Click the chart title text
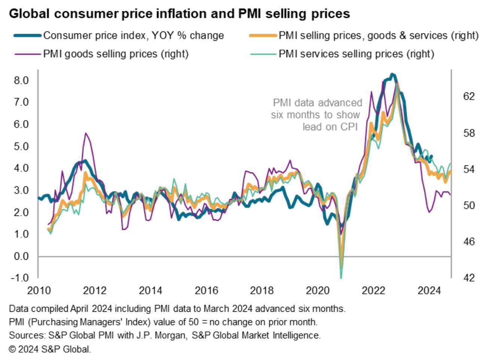click(x=179, y=14)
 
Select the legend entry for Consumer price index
click(x=133, y=36)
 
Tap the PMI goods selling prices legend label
click(x=116, y=54)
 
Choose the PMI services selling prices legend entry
click(x=356, y=54)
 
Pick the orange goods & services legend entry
click(x=378, y=36)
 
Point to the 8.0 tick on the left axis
click(x=21, y=80)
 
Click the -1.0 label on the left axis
click(x=20, y=278)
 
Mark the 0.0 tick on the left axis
click(x=21, y=256)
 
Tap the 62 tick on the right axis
click(x=469, y=97)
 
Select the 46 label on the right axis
click(x=469, y=242)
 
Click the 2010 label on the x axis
click(x=39, y=290)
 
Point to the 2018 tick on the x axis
click(x=262, y=290)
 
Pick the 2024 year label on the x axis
click(x=429, y=290)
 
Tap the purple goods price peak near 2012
click(x=86, y=133)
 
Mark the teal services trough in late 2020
click(x=341, y=278)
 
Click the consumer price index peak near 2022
click(x=392, y=74)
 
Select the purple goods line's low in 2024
click(x=429, y=212)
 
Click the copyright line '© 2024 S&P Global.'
click(x=50, y=350)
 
